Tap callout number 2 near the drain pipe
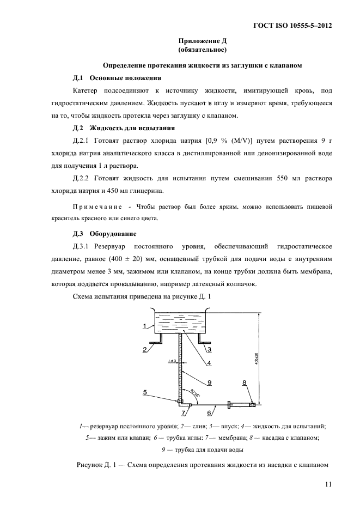(x=145, y=349)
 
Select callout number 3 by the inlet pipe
(x=209, y=349)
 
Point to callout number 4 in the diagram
(x=209, y=363)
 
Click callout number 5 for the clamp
(x=145, y=391)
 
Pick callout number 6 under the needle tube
(x=209, y=413)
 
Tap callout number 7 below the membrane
(x=184, y=414)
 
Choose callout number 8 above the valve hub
(x=244, y=382)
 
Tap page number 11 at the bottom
(x=327, y=483)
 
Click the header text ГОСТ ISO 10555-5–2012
(x=292, y=26)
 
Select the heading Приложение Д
(x=202, y=41)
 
